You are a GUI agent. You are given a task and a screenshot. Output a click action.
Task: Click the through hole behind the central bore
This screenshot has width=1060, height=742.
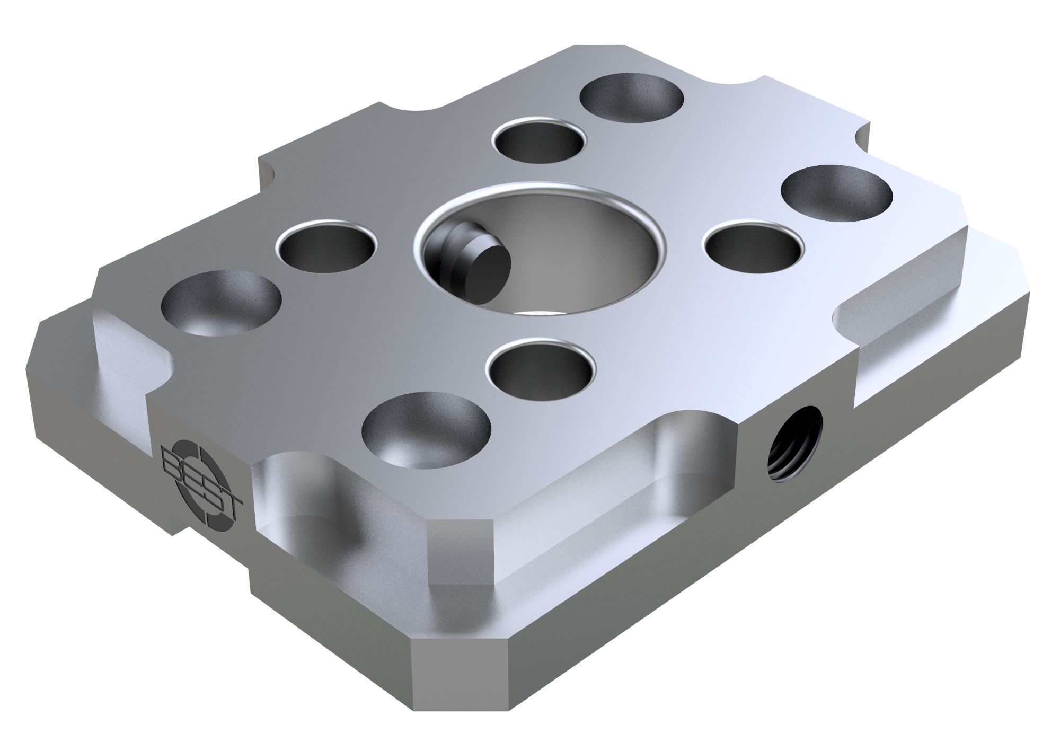[x=539, y=142]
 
